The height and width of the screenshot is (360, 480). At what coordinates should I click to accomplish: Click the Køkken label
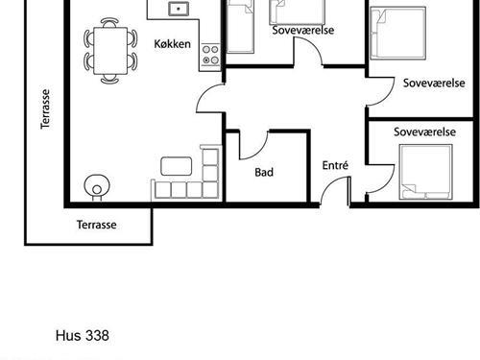172,44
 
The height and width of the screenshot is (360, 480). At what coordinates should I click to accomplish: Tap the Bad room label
264,172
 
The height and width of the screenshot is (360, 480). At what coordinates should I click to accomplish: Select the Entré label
335,165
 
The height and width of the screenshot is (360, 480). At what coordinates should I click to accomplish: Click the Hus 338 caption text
83,336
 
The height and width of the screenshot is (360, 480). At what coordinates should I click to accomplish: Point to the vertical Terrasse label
45,109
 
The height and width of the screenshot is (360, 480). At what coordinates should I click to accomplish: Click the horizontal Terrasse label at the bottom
96,225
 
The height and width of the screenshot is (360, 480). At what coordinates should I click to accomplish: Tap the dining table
110,51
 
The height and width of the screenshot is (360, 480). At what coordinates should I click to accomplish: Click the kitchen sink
179,9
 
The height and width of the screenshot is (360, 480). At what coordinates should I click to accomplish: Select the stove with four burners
210,55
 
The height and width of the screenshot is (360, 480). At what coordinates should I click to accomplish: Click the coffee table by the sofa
177,166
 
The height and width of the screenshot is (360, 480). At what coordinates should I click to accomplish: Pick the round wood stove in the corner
97,186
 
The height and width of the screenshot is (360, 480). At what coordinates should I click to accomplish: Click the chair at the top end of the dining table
109,22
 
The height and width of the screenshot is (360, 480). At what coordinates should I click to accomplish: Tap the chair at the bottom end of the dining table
109,79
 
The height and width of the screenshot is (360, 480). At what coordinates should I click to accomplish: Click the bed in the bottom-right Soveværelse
425,172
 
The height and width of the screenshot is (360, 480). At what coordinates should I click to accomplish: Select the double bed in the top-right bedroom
398,34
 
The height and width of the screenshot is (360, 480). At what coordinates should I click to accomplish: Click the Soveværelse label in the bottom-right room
424,132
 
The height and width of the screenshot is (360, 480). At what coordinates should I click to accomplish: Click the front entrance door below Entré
334,191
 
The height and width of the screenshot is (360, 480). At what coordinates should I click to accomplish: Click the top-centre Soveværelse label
303,30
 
